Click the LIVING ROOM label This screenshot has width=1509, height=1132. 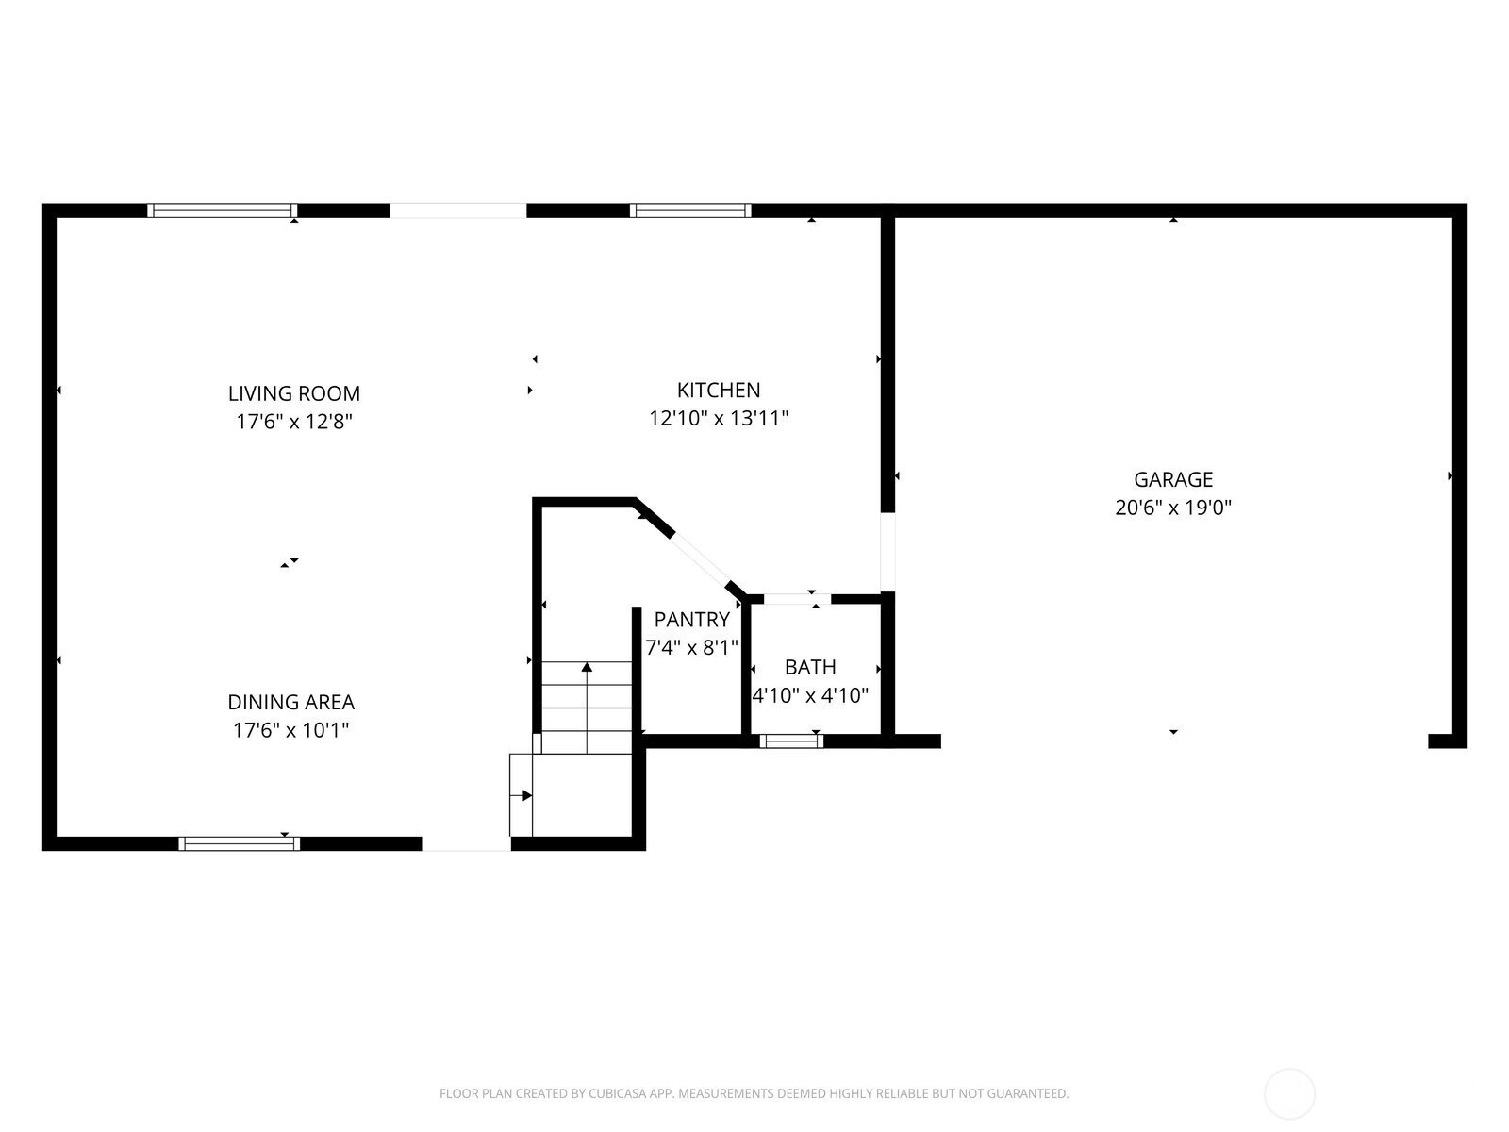click(294, 393)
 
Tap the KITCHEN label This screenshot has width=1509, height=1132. click(719, 390)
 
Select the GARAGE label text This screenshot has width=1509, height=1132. click(1173, 479)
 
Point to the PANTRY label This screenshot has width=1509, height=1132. click(691, 619)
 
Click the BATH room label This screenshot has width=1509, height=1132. click(810, 667)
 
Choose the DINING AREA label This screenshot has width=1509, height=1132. click(290, 702)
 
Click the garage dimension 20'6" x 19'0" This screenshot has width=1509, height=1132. click(1173, 508)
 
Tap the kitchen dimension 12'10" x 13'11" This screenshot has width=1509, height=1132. click(719, 418)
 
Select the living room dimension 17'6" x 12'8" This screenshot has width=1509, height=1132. click(294, 422)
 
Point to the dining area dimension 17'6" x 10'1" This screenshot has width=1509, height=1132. click(290, 730)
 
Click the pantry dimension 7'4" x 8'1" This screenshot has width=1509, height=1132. click(691, 647)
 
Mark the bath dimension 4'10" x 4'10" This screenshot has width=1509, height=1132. click(810, 695)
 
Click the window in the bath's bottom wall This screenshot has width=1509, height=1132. click(791, 741)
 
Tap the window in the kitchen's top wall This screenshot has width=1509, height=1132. click(690, 210)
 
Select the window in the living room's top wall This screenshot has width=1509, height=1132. click(222, 210)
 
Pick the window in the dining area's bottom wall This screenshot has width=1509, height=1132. click(240, 843)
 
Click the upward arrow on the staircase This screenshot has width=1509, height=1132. click(587, 707)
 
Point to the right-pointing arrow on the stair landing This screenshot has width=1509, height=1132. click(521, 795)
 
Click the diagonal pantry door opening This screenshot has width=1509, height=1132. click(700, 558)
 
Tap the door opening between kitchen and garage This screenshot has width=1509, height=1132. click(887, 552)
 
